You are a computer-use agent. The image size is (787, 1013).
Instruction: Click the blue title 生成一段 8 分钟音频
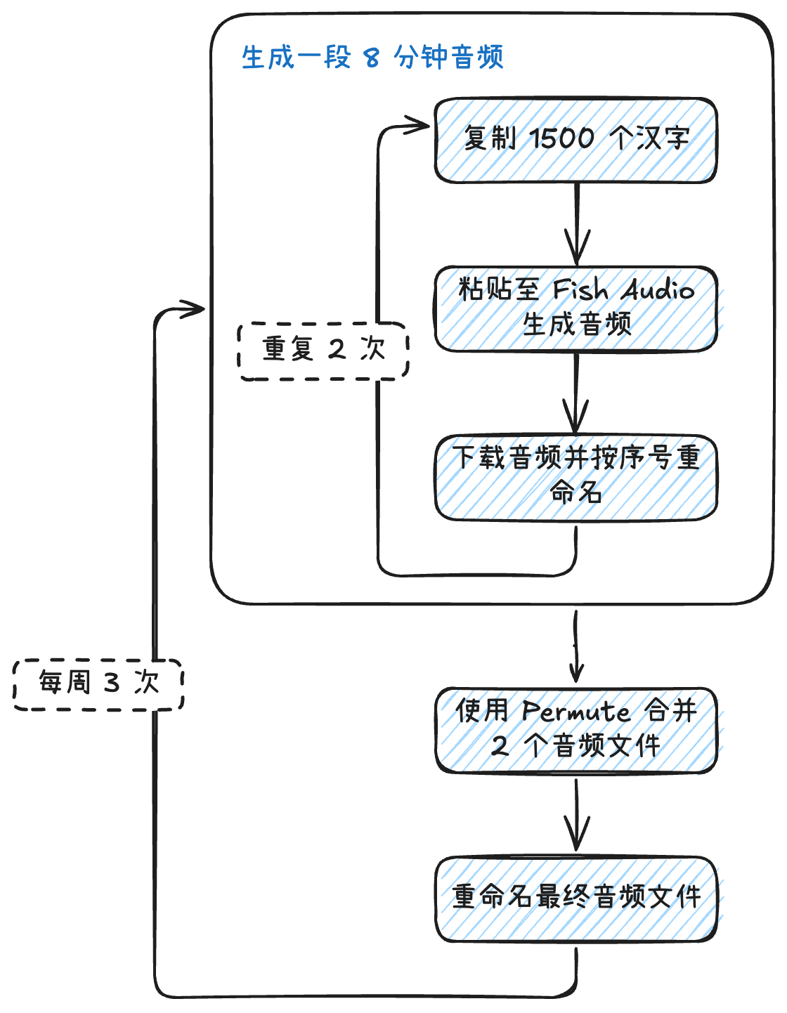click(x=372, y=57)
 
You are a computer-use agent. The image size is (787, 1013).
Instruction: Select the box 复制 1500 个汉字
click(x=576, y=140)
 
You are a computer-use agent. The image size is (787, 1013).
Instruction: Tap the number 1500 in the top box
click(x=561, y=138)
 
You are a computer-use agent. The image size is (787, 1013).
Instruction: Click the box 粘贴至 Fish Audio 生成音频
click(x=576, y=308)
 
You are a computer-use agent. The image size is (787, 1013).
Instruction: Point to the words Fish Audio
click(x=623, y=289)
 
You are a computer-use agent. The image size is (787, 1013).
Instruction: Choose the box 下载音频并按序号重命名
click(x=576, y=477)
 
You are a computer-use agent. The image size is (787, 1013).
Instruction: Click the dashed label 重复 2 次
click(x=324, y=351)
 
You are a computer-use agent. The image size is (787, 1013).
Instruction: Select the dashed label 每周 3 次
click(x=98, y=684)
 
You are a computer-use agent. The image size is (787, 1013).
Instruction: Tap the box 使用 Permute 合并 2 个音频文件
click(x=576, y=730)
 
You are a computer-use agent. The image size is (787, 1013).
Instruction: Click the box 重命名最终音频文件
click(x=576, y=898)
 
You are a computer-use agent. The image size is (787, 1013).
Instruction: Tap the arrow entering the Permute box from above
click(x=576, y=646)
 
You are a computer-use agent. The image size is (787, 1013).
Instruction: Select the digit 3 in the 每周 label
click(x=112, y=684)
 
